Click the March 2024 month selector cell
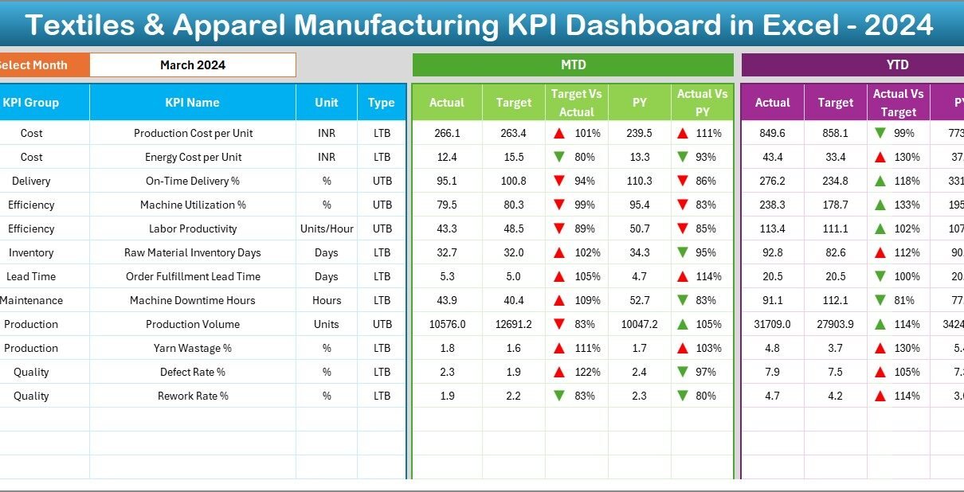192,65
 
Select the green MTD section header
573,65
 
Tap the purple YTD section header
897,65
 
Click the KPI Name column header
192,103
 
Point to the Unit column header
326,103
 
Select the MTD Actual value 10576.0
446,324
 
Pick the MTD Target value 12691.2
513,324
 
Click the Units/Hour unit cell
326,228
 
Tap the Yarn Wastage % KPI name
192,348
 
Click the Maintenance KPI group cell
31,300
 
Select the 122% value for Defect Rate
586,372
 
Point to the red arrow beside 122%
559,372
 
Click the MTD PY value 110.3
639,181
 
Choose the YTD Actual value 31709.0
772,324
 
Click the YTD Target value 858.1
835,133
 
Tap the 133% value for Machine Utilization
907,205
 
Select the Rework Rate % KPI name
192,396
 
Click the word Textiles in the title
85,25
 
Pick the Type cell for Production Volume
382,324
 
